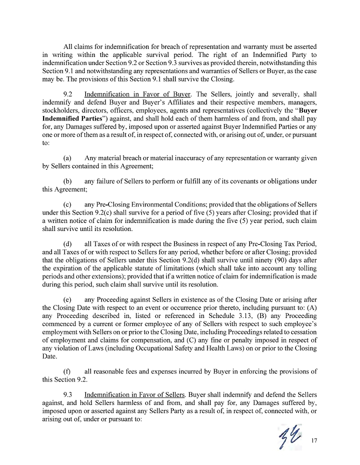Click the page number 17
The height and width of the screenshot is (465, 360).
(x=314, y=441)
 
